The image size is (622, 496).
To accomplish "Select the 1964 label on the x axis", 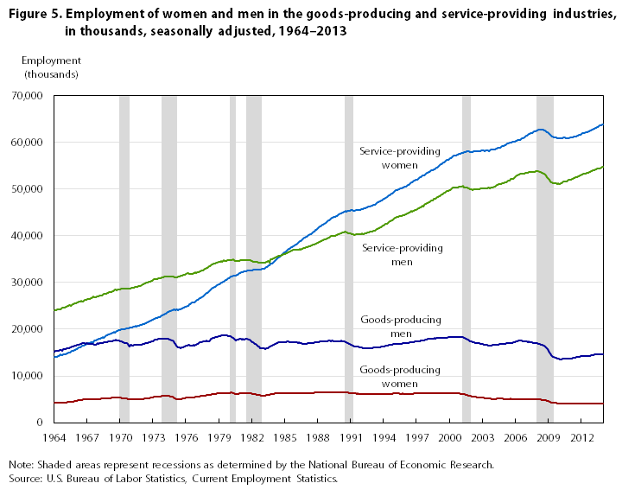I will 54,438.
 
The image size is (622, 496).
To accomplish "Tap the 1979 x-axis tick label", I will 219,438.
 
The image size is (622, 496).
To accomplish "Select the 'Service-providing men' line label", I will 403,254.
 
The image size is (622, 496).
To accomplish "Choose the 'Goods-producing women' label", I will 399,376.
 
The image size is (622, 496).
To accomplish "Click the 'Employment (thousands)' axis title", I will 51,67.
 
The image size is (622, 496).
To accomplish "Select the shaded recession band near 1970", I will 124,259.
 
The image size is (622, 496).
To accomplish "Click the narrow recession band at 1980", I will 233,259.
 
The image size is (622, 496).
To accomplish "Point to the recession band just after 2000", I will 466,259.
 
